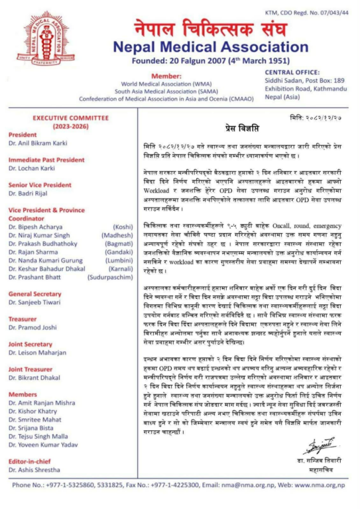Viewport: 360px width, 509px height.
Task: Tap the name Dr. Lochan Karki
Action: click(32, 168)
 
